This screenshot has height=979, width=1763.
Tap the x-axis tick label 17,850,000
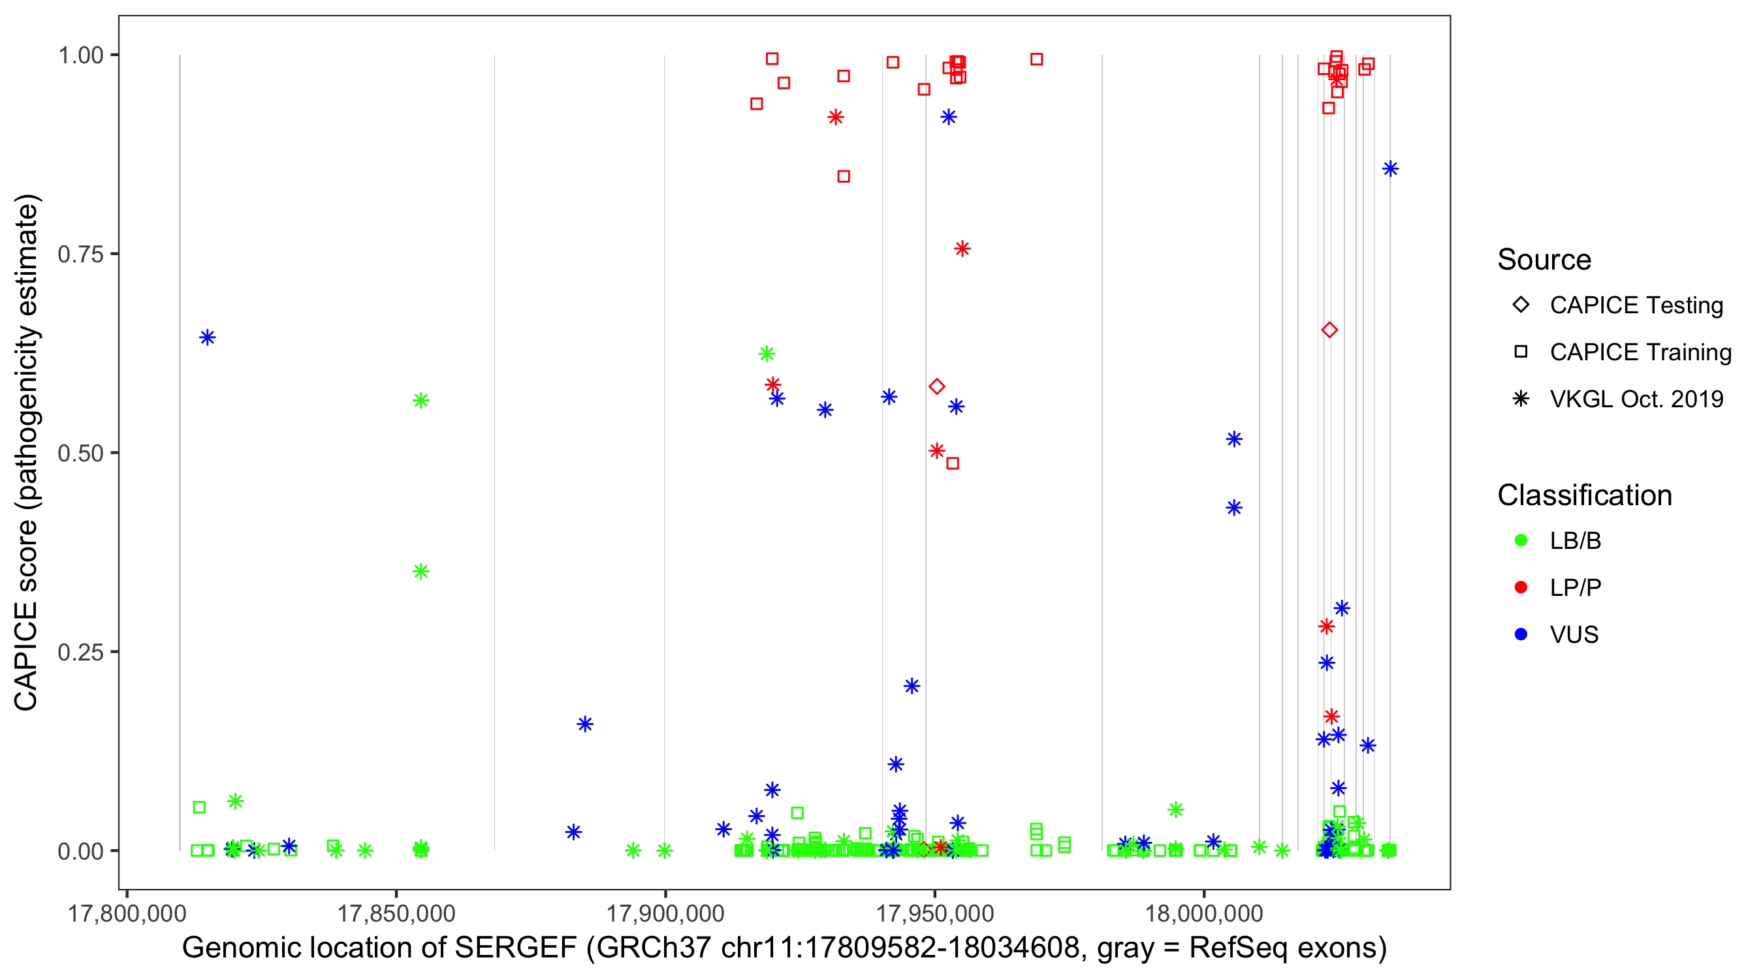pos(396,913)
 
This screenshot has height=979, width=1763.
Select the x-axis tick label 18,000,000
pos(1204,913)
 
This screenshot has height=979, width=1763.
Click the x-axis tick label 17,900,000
pos(665,913)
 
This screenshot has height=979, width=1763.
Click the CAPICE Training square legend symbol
pos(1521,352)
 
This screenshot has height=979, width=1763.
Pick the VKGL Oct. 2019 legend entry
pos(1636,399)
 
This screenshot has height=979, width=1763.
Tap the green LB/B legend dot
pos(1521,540)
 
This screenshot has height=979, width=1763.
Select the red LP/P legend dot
pos(1521,587)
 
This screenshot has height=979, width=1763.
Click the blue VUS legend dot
pos(1521,634)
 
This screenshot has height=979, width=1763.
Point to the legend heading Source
pos(1544,260)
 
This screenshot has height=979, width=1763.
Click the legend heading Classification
pos(1584,495)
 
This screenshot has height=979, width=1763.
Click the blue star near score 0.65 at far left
pos(208,337)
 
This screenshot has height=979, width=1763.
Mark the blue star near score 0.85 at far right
pos(1390,169)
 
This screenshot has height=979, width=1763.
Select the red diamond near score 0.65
pos(1329,330)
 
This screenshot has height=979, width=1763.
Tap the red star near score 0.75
pos(962,249)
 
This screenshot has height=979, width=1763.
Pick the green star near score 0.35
pos(421,571)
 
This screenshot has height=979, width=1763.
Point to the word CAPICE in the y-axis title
pos(26,657)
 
